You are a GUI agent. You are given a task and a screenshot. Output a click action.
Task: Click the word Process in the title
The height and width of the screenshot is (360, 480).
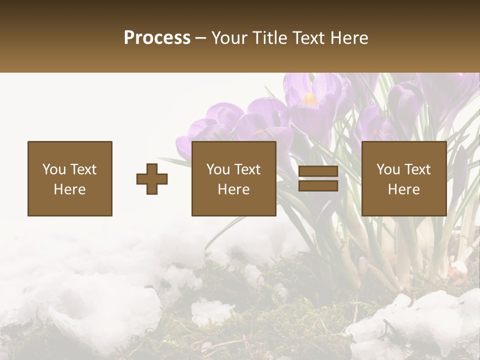click(x=157, y=38)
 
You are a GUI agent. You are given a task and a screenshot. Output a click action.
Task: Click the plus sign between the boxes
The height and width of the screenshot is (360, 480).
click(x=152, y=178)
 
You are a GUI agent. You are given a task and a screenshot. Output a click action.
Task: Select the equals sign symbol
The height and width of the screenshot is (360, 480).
click(x=318, y=178)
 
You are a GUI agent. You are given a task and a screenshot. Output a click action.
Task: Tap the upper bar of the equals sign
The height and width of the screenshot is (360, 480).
click(x=318, y=171)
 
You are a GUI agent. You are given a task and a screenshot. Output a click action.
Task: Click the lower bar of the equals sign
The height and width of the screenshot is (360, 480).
click(x=318, y=185)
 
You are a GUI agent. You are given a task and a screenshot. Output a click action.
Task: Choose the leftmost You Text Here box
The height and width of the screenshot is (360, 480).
click(x=70, y=178)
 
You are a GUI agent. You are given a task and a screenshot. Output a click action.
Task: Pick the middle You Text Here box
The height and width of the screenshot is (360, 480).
click(x=234, y=178)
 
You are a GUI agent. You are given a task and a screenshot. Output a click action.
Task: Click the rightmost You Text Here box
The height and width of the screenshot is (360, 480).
click(x=404, y=178)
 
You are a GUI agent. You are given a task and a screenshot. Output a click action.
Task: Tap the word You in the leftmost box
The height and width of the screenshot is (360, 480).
click(x=54, y=169)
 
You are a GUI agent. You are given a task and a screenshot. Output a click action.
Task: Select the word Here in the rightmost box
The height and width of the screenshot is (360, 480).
click(x=404, y=189)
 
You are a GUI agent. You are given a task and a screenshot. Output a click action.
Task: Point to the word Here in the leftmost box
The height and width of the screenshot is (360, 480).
click(x=70, y=189)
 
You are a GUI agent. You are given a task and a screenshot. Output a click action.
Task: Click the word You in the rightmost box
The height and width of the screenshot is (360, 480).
click(x=388, y=169)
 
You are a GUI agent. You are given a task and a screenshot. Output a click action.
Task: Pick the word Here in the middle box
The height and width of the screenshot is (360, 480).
click(x=234, y=189)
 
